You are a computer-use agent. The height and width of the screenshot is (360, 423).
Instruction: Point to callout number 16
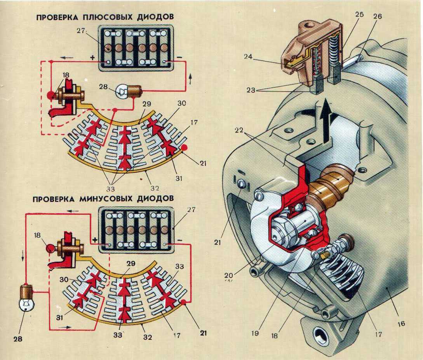tap(401, 323)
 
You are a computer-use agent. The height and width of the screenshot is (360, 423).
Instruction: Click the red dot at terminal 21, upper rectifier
tap(185, 148)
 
